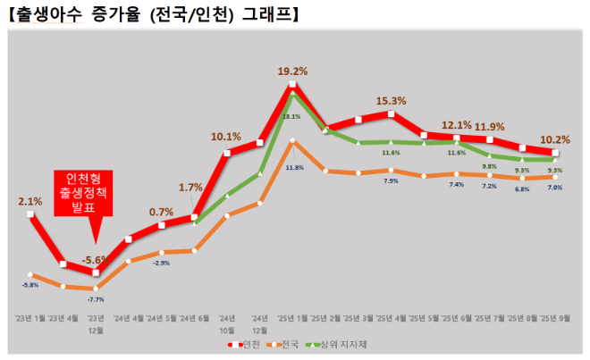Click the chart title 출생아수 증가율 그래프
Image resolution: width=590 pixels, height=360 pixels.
tap(152, 14)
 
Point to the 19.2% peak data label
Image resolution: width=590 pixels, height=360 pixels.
tap(292, 71)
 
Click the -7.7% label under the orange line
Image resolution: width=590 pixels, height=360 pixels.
tap(96, 299)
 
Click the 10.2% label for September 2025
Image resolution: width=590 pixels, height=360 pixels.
tap(555, 139)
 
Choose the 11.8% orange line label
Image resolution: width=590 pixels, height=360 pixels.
tap(294, 167)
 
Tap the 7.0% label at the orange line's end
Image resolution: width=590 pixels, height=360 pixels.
tap(554, 188)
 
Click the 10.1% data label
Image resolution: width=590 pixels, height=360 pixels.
tap(225, 137)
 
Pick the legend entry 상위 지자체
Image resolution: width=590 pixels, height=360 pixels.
tap(335, 344)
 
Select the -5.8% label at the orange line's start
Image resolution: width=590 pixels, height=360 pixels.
tap(30, 285)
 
